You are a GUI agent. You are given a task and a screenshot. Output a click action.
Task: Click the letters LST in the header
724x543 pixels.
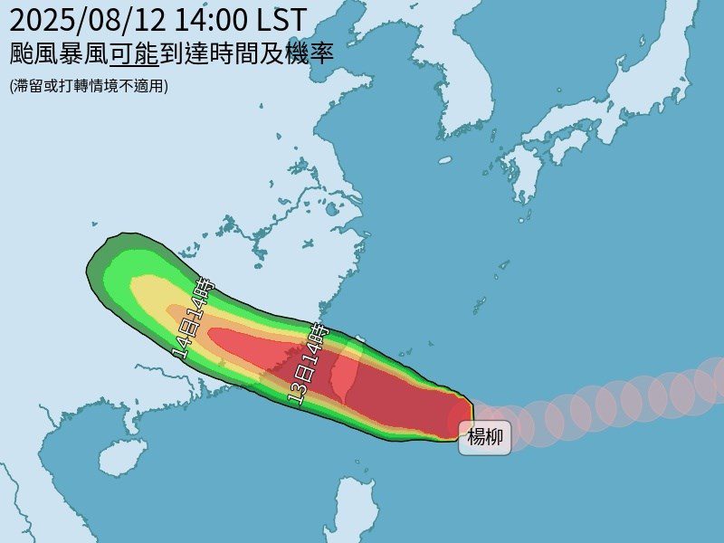(x=282, y=18)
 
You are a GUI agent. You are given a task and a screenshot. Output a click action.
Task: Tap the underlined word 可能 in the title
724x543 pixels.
(x=134, y=53)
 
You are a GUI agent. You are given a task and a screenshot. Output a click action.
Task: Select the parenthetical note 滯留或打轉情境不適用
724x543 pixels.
(x=90, y=86)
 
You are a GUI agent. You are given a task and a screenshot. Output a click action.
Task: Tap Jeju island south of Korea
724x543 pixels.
(x=444, y=160)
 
